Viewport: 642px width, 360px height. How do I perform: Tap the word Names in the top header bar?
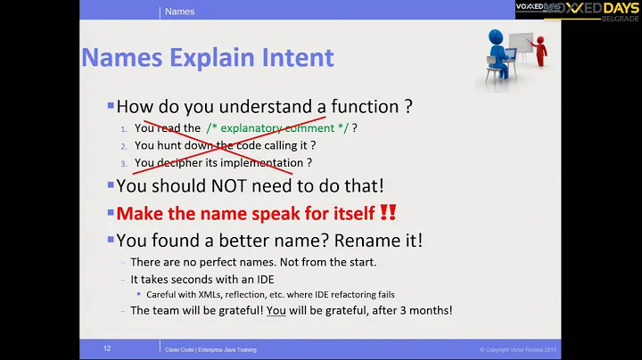pyautogui.click(x=180, y=12)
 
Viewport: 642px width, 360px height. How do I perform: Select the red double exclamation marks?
pyautogui.click(x=388, y=213)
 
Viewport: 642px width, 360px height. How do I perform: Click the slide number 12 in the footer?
pyautogui.click(x=106, y=349)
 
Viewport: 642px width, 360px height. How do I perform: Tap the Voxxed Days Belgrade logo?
pyautogui.click(x=577, y=12)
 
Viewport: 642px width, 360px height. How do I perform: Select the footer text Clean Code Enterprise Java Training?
pyautogui.click(x=210, y=349)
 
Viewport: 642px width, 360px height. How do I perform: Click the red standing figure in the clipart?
pyautogui.click(x=540, y=52)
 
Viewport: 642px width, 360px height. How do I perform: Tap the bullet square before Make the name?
pyautogui.click(x=111, y=213)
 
